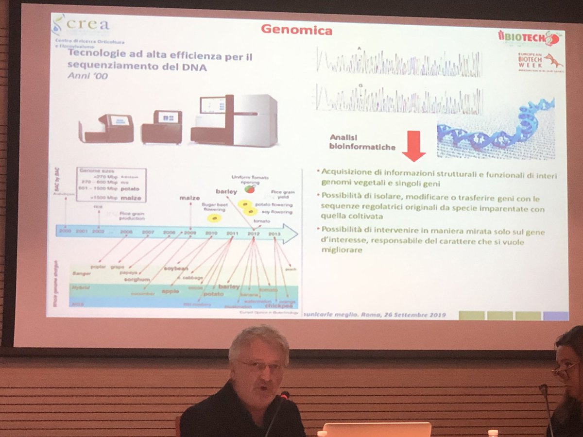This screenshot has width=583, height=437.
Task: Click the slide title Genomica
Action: point(296,30)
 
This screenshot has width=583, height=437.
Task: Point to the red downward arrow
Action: point(413,146)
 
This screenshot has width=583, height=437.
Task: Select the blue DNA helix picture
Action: point(496,129)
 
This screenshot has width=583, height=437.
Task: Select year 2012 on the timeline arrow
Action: point(254,234)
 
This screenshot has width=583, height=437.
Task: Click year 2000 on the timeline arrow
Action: point(65,232)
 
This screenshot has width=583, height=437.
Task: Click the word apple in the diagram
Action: point(170,291)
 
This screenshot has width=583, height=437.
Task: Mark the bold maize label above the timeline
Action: point(189,198)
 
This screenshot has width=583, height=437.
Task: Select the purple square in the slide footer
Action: point(556,316)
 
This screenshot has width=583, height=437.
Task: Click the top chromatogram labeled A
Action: point(398,63)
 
